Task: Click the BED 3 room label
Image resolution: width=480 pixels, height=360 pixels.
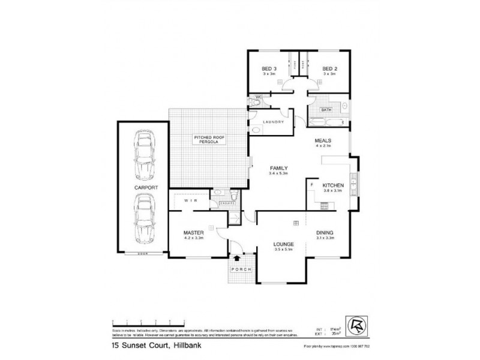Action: click(x=268, y=69)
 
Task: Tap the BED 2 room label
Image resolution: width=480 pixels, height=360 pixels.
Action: click(x=329, y=69)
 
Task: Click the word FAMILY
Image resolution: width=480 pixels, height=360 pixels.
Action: click(x=280, y=168)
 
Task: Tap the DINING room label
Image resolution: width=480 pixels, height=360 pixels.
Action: click(x=325, y=233)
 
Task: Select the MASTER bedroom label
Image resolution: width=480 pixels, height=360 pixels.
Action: click(x=194, y=233)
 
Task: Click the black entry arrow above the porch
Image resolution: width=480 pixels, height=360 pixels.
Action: click(x=239, y=257)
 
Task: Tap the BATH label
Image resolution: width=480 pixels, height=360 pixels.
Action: click(x=326, y=110)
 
